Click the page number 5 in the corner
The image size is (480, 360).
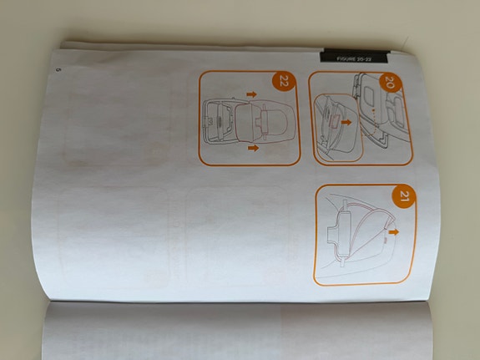pos(57,69)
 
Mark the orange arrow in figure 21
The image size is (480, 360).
pos(395,226)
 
